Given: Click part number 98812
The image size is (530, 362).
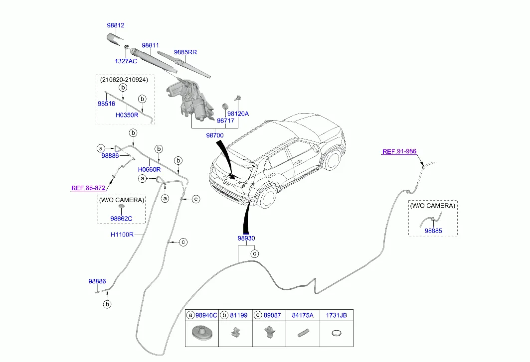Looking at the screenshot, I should [115, 25].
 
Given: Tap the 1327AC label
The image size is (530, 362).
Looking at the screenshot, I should [126, 61].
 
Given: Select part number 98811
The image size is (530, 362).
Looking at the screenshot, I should [150, 45].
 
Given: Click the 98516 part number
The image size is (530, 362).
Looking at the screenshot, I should [106, 104].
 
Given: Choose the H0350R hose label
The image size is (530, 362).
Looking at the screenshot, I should [127, 115].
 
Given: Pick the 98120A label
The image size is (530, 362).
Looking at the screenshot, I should [239, 114].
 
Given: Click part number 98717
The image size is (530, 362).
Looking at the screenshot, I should [225, 121].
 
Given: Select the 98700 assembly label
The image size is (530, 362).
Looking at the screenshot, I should [215, 135].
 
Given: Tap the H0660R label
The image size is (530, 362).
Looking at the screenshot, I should [149, 169].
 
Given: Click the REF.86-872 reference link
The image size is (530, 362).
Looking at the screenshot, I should [88, 188].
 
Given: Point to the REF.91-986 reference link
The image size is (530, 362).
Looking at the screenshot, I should [399, 151].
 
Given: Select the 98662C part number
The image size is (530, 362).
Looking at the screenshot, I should [122, 218].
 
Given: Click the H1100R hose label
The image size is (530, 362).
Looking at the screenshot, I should [122, 234].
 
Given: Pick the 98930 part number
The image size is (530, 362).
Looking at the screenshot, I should [246, 239].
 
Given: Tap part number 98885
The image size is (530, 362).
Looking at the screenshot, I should [433, 231].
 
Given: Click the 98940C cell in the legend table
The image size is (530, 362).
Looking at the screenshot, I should [206, 315].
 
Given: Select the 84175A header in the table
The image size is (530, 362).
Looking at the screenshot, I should [302, 315].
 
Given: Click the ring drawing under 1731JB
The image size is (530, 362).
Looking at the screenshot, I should [336, 334].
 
